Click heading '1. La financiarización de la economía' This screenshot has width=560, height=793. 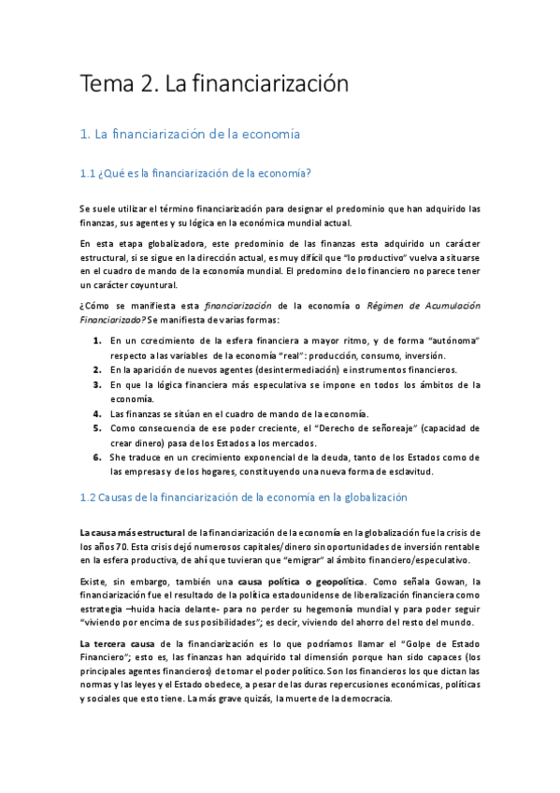190,135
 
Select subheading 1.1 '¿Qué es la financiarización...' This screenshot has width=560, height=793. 195,173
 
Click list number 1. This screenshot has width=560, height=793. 97,341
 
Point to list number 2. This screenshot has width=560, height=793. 97,369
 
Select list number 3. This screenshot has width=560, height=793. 97,384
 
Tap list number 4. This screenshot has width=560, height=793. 97,413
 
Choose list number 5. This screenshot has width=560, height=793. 97,427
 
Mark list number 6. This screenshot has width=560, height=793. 97,456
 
